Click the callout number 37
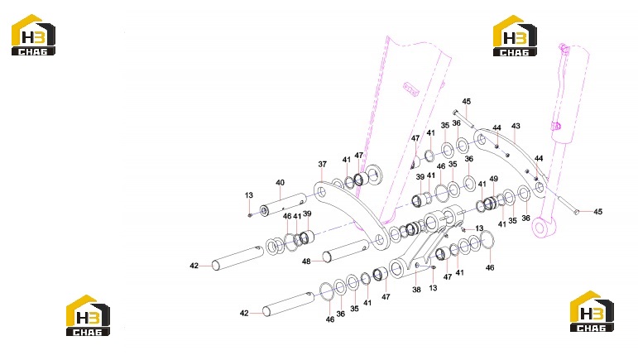tap(322, 164)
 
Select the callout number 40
tap(280, 183)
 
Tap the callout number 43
tap(516, 126)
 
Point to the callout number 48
tap(306, 262)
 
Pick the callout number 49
tap(493, 179)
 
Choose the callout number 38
tap(416, 290)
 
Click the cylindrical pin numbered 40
tap(283, 204)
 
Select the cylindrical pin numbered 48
tap(346, 251)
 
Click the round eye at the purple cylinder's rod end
tap(540, 228)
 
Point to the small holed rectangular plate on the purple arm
tap(411, 89)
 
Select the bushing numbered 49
tap(490, 202)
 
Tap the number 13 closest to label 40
tap(249, 195)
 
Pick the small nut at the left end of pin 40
tap(250, 214)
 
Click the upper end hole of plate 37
tap(321, 192)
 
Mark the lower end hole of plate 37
tap(380, 240)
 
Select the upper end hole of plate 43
tap(482, 140)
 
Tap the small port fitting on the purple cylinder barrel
tap(556, 126)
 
